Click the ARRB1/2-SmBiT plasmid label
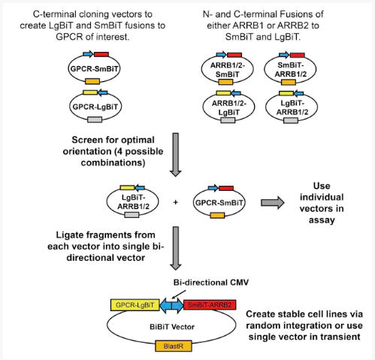tap(228, 70)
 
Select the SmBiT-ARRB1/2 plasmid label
tap(291, 70)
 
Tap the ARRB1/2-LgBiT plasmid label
tap(229, 107)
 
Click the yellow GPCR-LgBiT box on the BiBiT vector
tap(135, 305)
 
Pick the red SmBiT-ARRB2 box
tap(210, 305)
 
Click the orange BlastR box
tap(174, 346)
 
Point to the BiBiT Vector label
tap(172, 327)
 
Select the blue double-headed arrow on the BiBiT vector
tap(171, 306)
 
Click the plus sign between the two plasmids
tap(176, 202)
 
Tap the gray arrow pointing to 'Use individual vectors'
tap(273, 202)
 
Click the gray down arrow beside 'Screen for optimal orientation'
tap(176, 155)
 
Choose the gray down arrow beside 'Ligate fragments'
tap(176, 248)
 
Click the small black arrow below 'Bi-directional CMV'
tap(179, 295)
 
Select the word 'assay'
tap(322, 220)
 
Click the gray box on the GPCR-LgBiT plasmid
tap(95, 119)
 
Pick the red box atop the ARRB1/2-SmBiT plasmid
tap(234, 55)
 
